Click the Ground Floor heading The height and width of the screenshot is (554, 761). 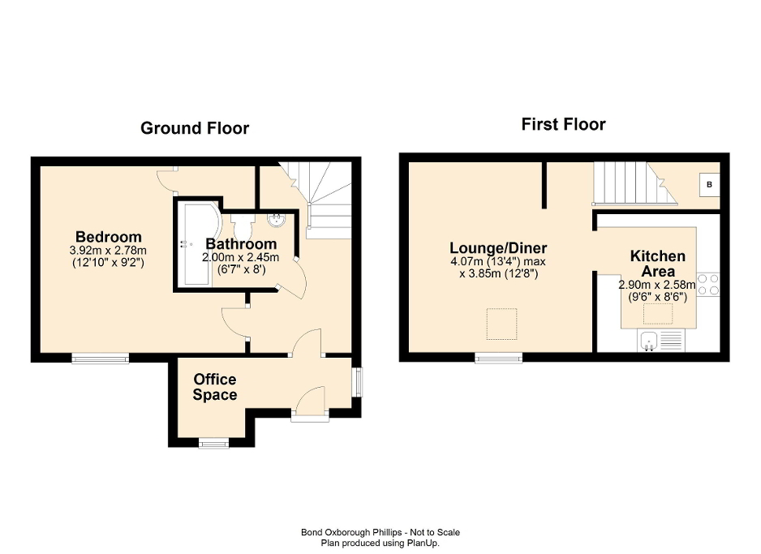click(195, 128)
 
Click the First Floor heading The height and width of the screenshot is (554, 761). click(563, 125)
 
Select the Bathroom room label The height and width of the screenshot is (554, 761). click(241, 244)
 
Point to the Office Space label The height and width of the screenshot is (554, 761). click(215, 387)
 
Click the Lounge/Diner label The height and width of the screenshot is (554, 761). click(499, 248)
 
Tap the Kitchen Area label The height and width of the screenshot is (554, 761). click(657, 264)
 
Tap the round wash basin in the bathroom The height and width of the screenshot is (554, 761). click(277, 220)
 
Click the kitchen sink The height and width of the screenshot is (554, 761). click(650, 341)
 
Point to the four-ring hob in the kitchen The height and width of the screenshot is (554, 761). click(708, 284)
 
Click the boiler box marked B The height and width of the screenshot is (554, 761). click(709, 185)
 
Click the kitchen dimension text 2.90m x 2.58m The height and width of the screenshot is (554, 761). click(657, 285)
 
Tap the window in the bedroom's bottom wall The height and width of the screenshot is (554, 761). click(100, 358)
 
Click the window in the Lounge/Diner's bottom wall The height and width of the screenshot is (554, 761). click(498, 358)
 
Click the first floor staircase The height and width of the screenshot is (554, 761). click(633, 183)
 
